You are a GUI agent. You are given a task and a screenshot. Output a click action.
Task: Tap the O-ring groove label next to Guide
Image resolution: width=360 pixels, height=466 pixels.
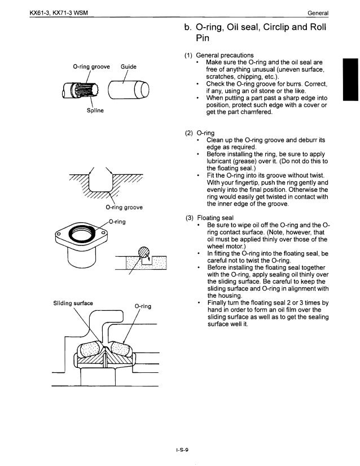pos(91,66)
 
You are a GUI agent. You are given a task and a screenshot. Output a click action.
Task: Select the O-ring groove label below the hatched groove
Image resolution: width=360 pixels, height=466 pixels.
pos(124,207)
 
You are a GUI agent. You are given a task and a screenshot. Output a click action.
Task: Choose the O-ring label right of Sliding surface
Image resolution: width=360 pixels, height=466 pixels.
pos(142,306)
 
